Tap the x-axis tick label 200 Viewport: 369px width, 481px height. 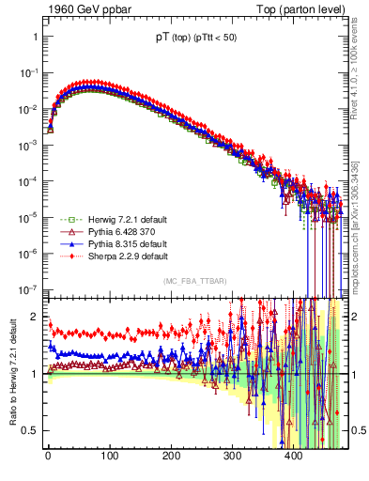(170, 458)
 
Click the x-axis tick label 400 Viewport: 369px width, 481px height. (293, 458)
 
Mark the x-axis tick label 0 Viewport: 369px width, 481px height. (48, 458)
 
